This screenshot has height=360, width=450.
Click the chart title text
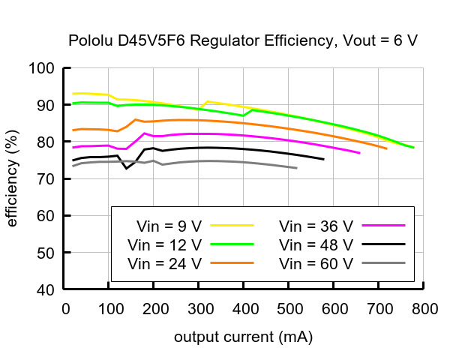(x=243, y=40)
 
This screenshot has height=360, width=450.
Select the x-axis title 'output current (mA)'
(x=243, y=337)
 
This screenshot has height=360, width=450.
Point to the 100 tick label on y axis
(x=43, y=69)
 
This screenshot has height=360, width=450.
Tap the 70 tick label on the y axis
(x=46, y=179)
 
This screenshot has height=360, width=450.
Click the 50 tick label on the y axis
(x=46, y=253)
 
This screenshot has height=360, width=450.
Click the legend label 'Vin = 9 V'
(x=169, y=226)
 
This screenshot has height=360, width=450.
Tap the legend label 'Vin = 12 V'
(x=165, y=244)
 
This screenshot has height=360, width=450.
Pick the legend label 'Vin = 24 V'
(x=165, y=263)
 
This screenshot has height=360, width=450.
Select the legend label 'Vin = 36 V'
(x=316, y=226)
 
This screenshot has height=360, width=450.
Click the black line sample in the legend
(x=383, y=244)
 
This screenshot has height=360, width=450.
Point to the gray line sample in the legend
(x=383, y=263)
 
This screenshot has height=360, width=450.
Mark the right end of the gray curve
(x=297, y=168)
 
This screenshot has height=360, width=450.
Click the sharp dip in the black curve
(x=126, y=168)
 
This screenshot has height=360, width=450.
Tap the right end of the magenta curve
(x=360, y=153)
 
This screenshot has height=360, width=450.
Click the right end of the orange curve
(x=387, y=148)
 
